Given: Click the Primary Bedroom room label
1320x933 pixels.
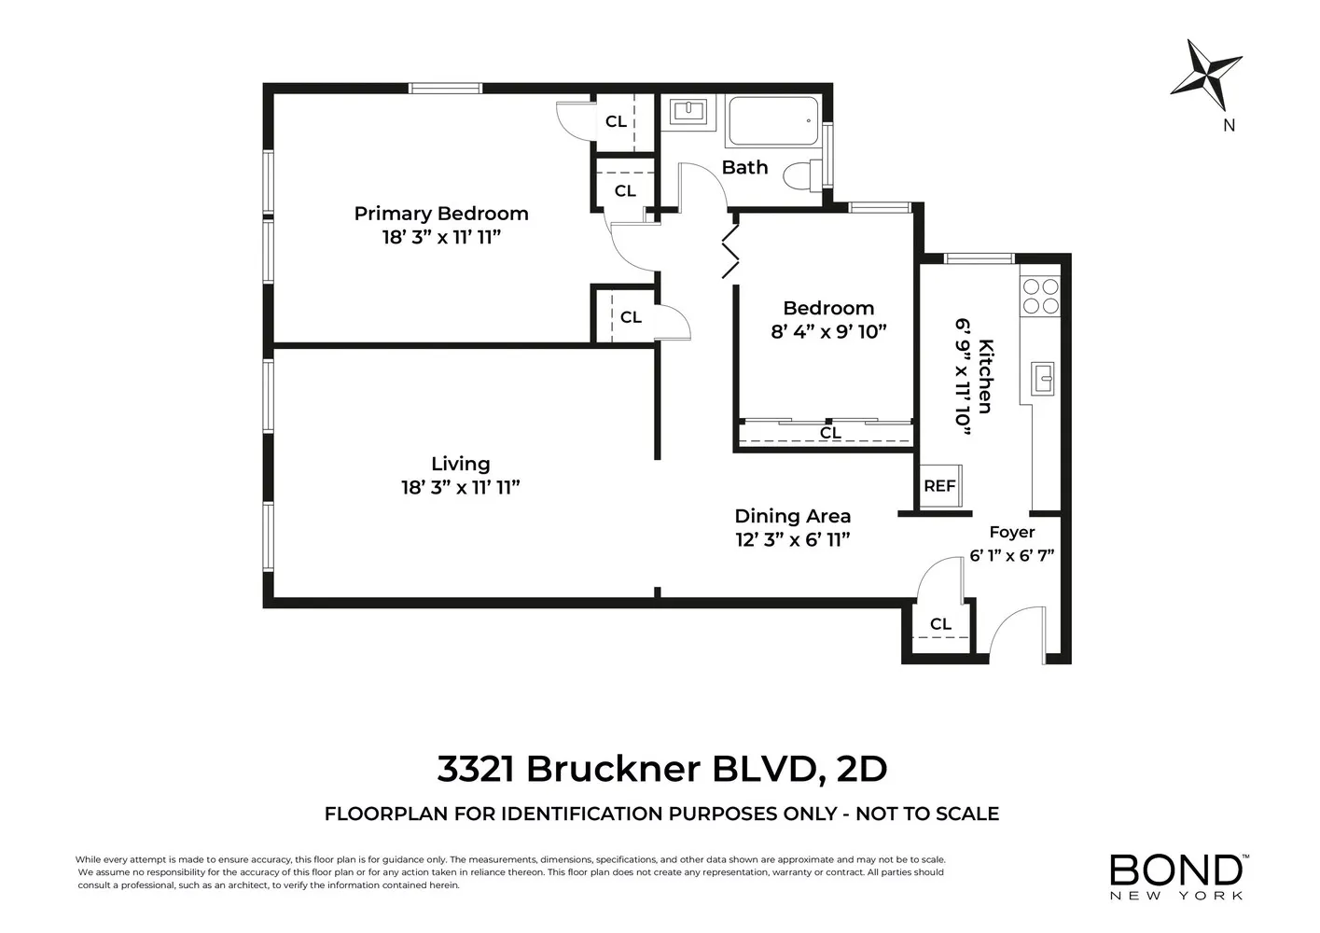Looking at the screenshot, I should coord(440,214).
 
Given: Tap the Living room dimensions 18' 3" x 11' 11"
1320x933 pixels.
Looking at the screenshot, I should coord(460,487).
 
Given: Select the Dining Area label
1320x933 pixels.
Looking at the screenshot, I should coord(792,516).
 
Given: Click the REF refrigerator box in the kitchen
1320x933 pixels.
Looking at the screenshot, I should coord(940,486).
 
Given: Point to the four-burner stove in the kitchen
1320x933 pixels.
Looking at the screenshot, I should coord(1040,296).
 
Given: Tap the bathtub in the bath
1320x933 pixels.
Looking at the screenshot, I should coord(772,122).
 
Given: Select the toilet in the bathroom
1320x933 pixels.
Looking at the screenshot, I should coord(800,174).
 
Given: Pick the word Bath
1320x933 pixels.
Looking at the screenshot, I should coord(744,168).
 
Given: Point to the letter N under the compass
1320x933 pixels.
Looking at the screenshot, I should coord(1229,125).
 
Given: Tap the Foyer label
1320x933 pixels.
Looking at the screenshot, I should coord(1011,532).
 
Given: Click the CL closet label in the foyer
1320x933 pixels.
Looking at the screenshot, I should coord(940,624).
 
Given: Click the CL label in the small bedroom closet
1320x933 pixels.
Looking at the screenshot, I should coord(830,433).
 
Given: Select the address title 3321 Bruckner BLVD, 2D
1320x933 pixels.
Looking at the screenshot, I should coord(661,769).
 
